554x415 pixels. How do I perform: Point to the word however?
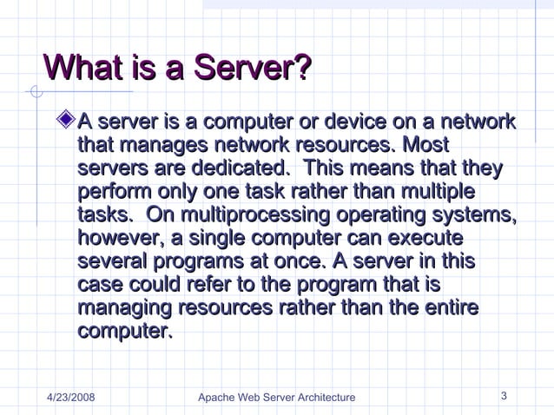click(x=117, y=237)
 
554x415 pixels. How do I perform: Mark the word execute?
click(x=423, y=237)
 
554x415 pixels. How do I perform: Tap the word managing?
click(x=123, y=309)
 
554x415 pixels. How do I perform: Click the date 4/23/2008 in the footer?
click(x=70, y=398)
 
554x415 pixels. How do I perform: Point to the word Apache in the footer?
click(x=216, y=398)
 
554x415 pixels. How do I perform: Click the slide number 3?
click(x=505, y=397)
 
